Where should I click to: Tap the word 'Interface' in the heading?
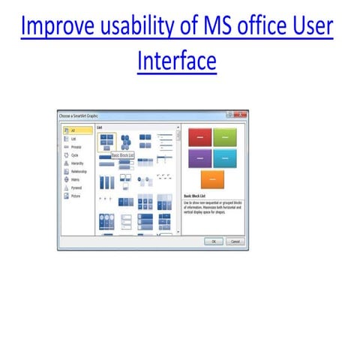(x=177, y=61)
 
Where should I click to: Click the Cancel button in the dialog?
(x=234, y=241)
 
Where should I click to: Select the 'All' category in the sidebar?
(x=73, y=130)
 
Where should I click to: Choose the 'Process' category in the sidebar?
(x=76, y=147)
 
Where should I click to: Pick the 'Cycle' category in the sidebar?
(x=75, y=154)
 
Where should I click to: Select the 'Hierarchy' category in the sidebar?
(x=78, y=163)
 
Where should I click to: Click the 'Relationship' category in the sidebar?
(x=79, y=171)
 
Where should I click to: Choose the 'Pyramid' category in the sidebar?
(x=76, y=187)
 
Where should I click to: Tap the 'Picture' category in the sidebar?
(x=76, y=196)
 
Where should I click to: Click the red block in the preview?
(x=199, y=136)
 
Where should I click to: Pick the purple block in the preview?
(x=199, y=157)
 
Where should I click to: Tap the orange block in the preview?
(x=212, y=179)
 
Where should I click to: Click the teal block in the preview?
(x=225, y=157)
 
